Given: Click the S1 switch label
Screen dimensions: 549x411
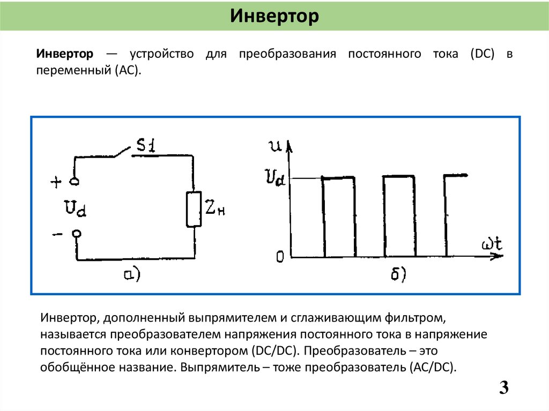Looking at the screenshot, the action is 145,145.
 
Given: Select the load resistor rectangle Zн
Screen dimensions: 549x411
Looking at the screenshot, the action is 193,209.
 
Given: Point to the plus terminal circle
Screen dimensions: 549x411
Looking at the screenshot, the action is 75,182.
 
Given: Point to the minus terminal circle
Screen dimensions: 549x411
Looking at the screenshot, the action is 77,234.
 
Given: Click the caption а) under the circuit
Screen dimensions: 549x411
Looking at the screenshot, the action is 131,274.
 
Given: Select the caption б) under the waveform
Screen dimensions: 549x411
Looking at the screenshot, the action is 397,274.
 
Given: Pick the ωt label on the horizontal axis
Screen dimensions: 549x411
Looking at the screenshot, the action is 491,244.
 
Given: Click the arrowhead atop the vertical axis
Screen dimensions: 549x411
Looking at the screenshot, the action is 290,146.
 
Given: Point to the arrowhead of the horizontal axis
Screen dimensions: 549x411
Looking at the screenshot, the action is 498,256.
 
